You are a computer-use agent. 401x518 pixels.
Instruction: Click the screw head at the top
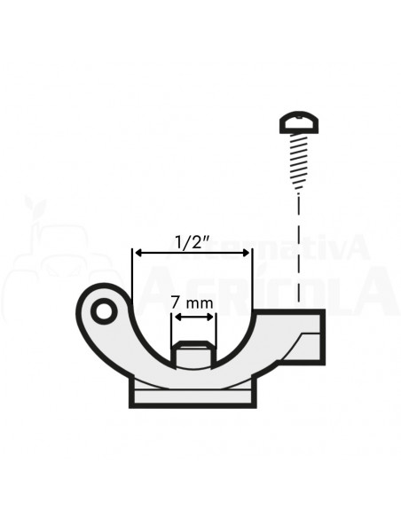tap(299, 122)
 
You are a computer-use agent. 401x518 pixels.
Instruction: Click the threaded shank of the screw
tap(299, 160)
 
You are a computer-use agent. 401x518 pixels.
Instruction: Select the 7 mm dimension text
tap(193, 303)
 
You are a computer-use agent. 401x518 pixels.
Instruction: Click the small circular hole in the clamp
tap(104, 311)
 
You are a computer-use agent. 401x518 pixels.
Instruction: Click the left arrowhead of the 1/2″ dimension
tap(137, 253)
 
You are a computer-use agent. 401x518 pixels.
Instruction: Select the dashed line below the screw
tap(299, 248)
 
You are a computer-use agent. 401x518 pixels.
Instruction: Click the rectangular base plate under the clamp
tap(193, 396)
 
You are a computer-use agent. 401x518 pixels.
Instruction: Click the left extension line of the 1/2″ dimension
tap(132, 284)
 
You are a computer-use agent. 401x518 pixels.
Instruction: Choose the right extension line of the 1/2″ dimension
tap(252, 284)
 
